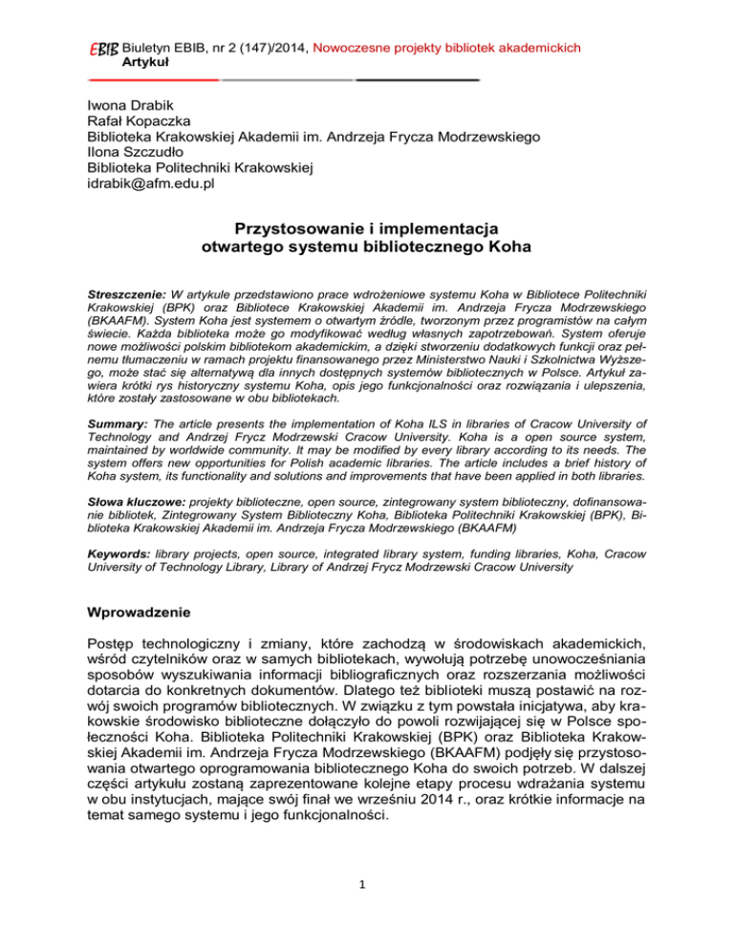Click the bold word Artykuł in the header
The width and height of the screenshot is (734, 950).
(x=146, y=61)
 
